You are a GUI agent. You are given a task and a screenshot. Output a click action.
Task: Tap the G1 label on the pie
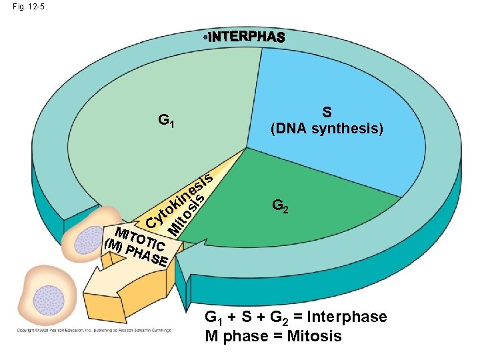point(167,121)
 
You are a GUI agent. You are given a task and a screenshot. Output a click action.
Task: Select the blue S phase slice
point(347,87)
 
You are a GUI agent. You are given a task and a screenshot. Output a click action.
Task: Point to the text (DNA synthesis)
point(326,128)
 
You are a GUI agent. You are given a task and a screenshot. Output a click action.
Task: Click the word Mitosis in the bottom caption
point(313,335)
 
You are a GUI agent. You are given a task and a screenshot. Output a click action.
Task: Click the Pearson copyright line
point(93,330)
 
